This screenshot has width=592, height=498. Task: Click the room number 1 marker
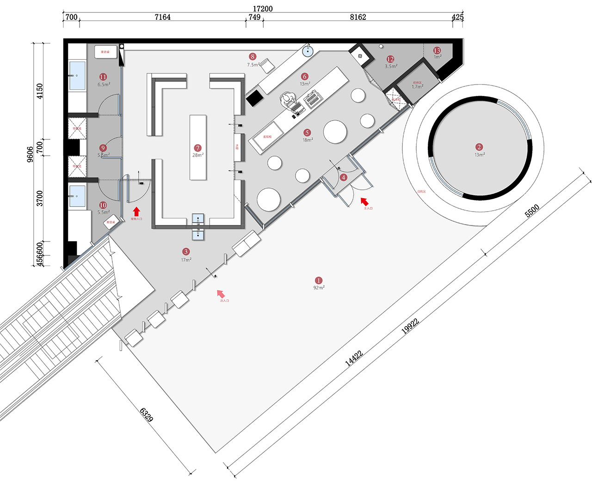click(318, 280)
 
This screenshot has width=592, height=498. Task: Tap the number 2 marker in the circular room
click(479, 147)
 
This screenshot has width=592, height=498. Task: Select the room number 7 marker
click(197, 148)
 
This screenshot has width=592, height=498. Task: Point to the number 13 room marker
click(437, 50)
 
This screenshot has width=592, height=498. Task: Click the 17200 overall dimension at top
click(262, 9)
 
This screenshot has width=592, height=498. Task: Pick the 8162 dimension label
click(358, 18)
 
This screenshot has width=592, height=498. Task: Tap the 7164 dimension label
click(162, 18)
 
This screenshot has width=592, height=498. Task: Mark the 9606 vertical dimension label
click(30, 155)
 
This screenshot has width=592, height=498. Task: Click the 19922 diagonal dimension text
click(410, 326)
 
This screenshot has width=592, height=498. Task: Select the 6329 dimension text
click(146, 414)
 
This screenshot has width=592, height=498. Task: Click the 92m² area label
click(319, 288)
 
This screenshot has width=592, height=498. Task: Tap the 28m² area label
click(197, 155)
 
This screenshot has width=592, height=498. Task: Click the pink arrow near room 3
click(221, 293)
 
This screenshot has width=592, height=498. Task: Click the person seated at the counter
click(289, 99)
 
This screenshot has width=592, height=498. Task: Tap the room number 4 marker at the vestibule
click(343, 177)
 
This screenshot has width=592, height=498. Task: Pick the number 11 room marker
click(103, 77)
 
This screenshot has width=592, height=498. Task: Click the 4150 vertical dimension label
click(40, 91)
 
